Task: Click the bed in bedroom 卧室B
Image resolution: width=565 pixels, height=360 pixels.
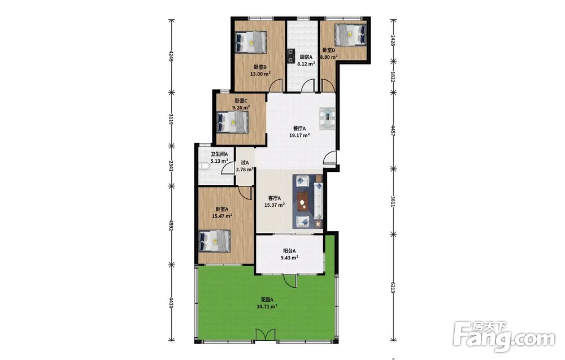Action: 251,42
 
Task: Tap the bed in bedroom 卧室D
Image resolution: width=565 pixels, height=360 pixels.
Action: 350,35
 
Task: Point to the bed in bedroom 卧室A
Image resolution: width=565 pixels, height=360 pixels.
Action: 215,241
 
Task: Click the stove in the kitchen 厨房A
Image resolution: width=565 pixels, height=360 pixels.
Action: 290,56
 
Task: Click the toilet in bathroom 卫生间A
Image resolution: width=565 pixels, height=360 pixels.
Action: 202,167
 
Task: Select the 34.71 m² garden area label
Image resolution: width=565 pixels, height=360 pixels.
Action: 267,307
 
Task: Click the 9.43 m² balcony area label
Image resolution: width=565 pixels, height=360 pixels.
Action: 289,258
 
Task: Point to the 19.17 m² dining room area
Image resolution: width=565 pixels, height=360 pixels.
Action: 299,136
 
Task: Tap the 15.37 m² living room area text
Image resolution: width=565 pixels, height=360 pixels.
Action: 275,205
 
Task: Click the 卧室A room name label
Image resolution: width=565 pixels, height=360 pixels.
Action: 221,209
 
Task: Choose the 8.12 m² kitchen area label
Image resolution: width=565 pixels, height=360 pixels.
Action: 306,64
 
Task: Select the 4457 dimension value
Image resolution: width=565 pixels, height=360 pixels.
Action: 393,129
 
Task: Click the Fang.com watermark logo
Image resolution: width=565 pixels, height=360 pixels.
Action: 504,337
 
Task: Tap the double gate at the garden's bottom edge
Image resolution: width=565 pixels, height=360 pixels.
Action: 266,335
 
